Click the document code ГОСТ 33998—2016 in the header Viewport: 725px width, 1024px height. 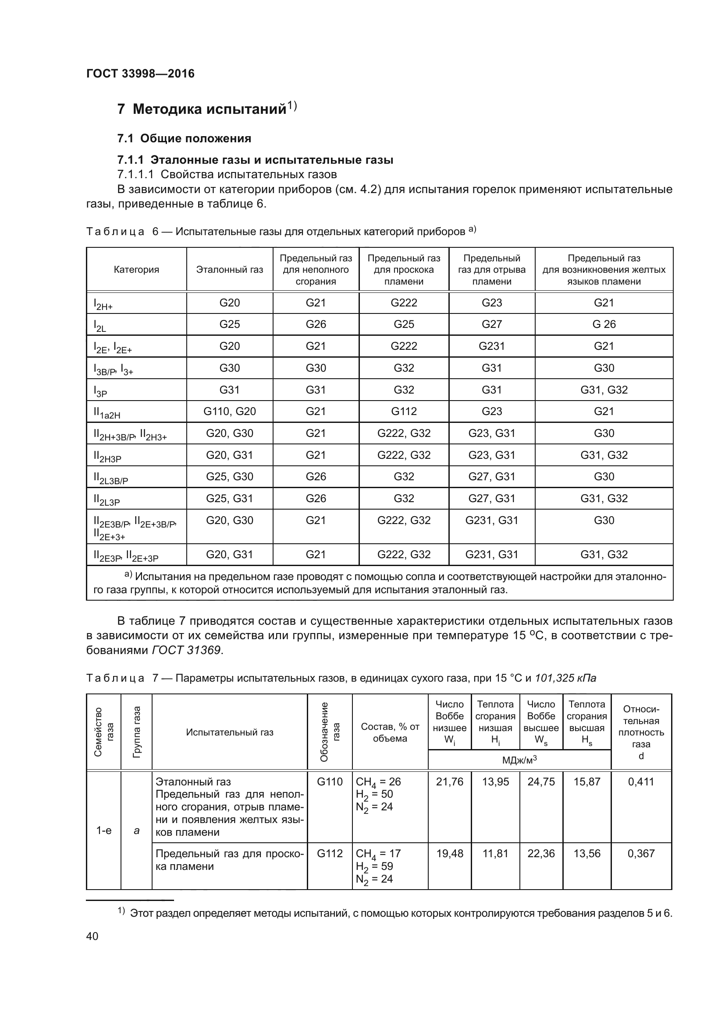coord(140,74)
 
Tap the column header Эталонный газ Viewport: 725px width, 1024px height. coord(229,270)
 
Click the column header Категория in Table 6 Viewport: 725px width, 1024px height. coord(136,270)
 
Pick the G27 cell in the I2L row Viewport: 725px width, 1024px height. coord(491,324)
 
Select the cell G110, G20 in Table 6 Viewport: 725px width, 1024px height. coord(229,411)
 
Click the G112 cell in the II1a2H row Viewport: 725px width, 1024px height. coord(404,411)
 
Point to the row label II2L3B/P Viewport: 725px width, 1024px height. coord(111,478)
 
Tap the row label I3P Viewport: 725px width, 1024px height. coord(100,391)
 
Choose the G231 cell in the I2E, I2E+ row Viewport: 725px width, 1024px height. coord(491,346)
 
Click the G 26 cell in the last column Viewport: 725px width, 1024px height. coord(604,324)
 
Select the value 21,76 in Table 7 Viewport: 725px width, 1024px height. coord(450,781)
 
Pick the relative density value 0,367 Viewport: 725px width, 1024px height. coord(641,853)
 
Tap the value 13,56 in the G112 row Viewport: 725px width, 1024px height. coord(586,853)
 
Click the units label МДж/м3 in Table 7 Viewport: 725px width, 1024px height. coord(519,760)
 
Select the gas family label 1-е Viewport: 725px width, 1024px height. coord(104,830)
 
